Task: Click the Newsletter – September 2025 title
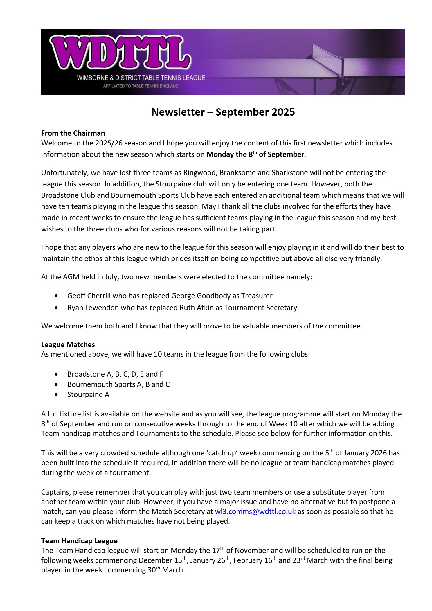pyautogui.click(x=223, y=112)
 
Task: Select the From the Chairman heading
pyautogui.click(x=73, y=133)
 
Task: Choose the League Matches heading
pyautogui.click(x=68, y=344)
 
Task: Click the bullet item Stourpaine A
pyautogui.click(x=88, y=394)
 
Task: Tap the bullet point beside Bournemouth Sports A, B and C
pyautogui.click(x=56, y=384)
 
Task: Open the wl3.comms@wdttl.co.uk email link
pyautogui.click(x=255, y=511)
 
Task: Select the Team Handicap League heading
pyautogui.click(x=79, y=541)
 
